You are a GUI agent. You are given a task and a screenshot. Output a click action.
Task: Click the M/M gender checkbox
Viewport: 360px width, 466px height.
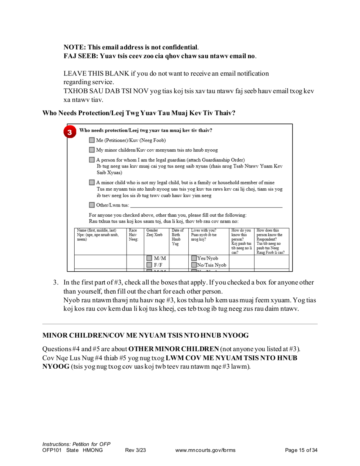pos(149,258)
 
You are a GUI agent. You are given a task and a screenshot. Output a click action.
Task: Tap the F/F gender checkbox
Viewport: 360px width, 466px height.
pos(149,265)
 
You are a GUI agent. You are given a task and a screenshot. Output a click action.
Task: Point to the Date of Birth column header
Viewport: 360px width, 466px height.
pos(177,237)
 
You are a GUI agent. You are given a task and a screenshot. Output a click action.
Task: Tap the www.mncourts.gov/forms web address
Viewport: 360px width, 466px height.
pos(205,450)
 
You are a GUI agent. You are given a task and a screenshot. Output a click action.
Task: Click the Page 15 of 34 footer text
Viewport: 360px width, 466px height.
pos(301,450)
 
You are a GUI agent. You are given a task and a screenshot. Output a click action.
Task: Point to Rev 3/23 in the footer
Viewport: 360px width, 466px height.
pos(135,450)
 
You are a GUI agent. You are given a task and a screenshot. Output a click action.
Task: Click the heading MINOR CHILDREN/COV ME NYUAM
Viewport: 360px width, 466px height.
pos(145,336)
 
